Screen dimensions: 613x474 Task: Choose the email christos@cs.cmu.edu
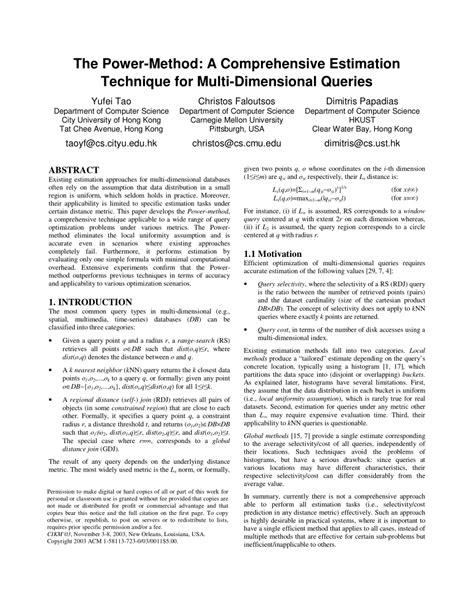[236, 145]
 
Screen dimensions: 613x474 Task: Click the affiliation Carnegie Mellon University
[236, 115]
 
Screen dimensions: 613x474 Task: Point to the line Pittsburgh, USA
[236, 127]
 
